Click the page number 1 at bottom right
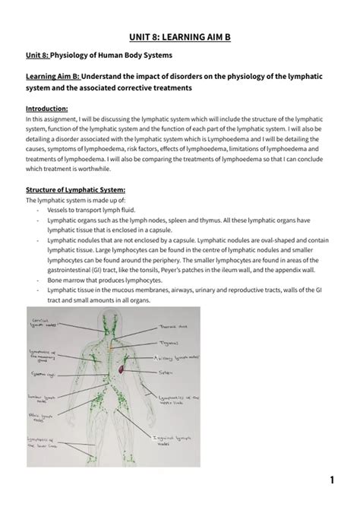pos(333,480)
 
